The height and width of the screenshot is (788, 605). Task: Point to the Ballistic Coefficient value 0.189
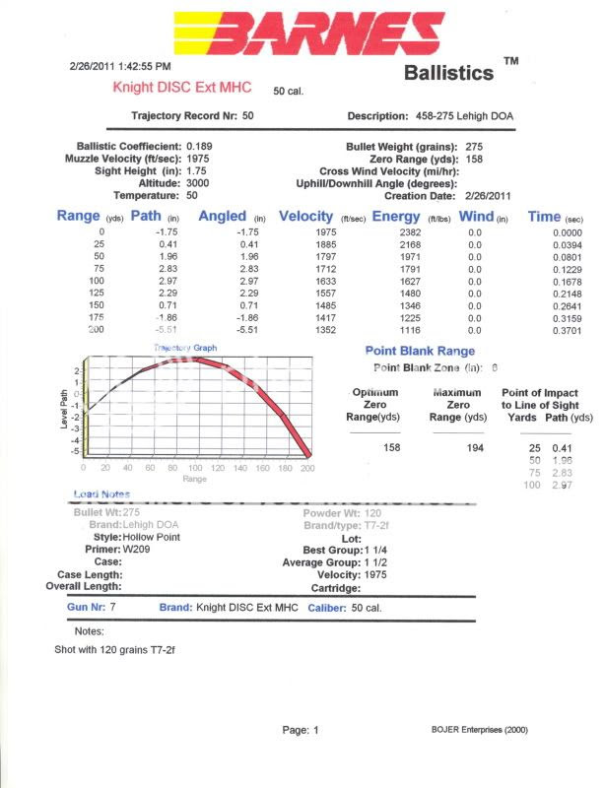tap(200, 146)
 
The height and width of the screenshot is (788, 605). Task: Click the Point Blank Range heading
tap(420, 351)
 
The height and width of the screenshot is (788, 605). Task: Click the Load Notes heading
tap(101, 493)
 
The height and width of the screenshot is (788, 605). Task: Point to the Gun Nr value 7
tap(113, 608)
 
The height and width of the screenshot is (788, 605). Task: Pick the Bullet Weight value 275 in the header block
tap(474, 146)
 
